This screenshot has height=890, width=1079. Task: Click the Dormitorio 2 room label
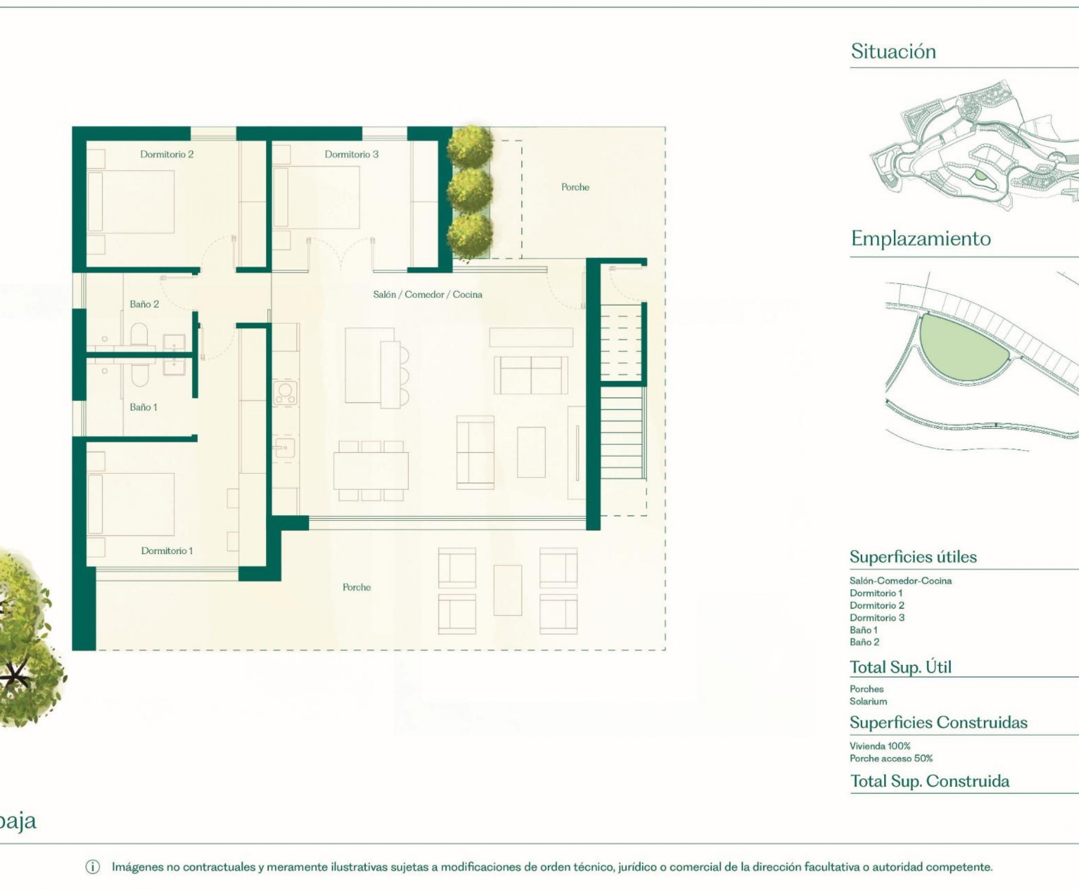(167, 154)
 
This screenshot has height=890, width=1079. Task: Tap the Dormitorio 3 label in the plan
(351, 154)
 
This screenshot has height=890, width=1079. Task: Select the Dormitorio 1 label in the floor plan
(167, 550)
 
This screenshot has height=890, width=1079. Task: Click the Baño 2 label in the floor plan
(144, 304)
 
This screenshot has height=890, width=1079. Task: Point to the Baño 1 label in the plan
(143, 407)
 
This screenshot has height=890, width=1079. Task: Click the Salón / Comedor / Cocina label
(427, 294)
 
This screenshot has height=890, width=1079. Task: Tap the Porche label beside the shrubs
(575, 187)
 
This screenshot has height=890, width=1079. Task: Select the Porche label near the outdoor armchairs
(356, 587)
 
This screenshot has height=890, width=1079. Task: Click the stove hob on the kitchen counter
(285, 393)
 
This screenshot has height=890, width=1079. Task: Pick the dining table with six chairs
(370, 471)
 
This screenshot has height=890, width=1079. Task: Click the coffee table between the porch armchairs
(508, 590)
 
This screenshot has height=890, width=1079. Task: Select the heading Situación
(893, 51)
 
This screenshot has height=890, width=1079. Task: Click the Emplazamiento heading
(921, 238)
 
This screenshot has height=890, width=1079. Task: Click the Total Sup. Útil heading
(900, 667)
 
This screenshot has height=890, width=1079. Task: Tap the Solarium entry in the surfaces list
(868, 701)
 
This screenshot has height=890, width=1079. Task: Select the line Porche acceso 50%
(891, 758)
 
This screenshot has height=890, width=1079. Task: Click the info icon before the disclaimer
(92, 867)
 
